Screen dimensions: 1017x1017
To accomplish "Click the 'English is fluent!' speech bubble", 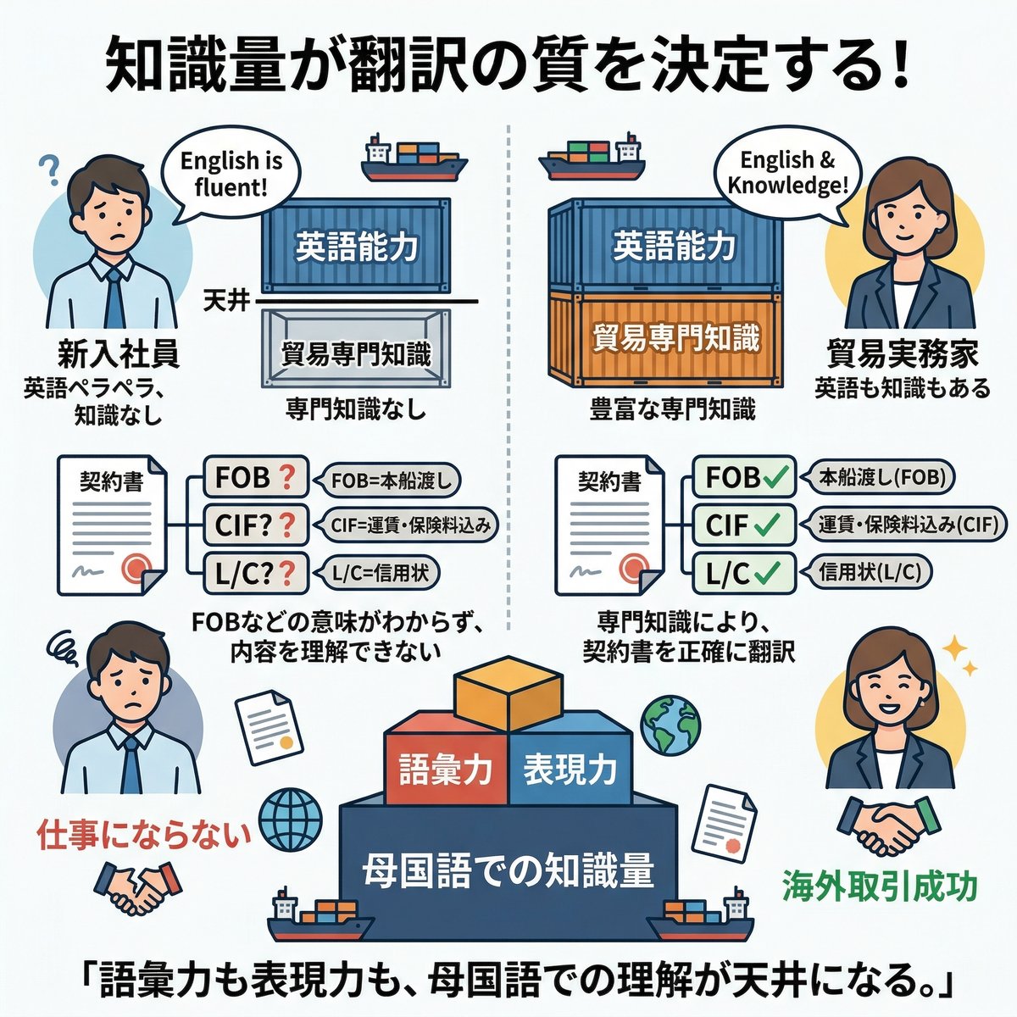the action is pos(231,173).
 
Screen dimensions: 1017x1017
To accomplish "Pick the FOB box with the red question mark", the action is pos(255,477).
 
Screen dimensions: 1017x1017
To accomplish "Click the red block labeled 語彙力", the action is pos(447,770).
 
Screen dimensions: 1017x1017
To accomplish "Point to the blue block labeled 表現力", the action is pos(570,770).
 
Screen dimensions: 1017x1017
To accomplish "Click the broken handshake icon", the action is pos(139,891).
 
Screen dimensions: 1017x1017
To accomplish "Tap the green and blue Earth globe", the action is pos(670,727).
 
